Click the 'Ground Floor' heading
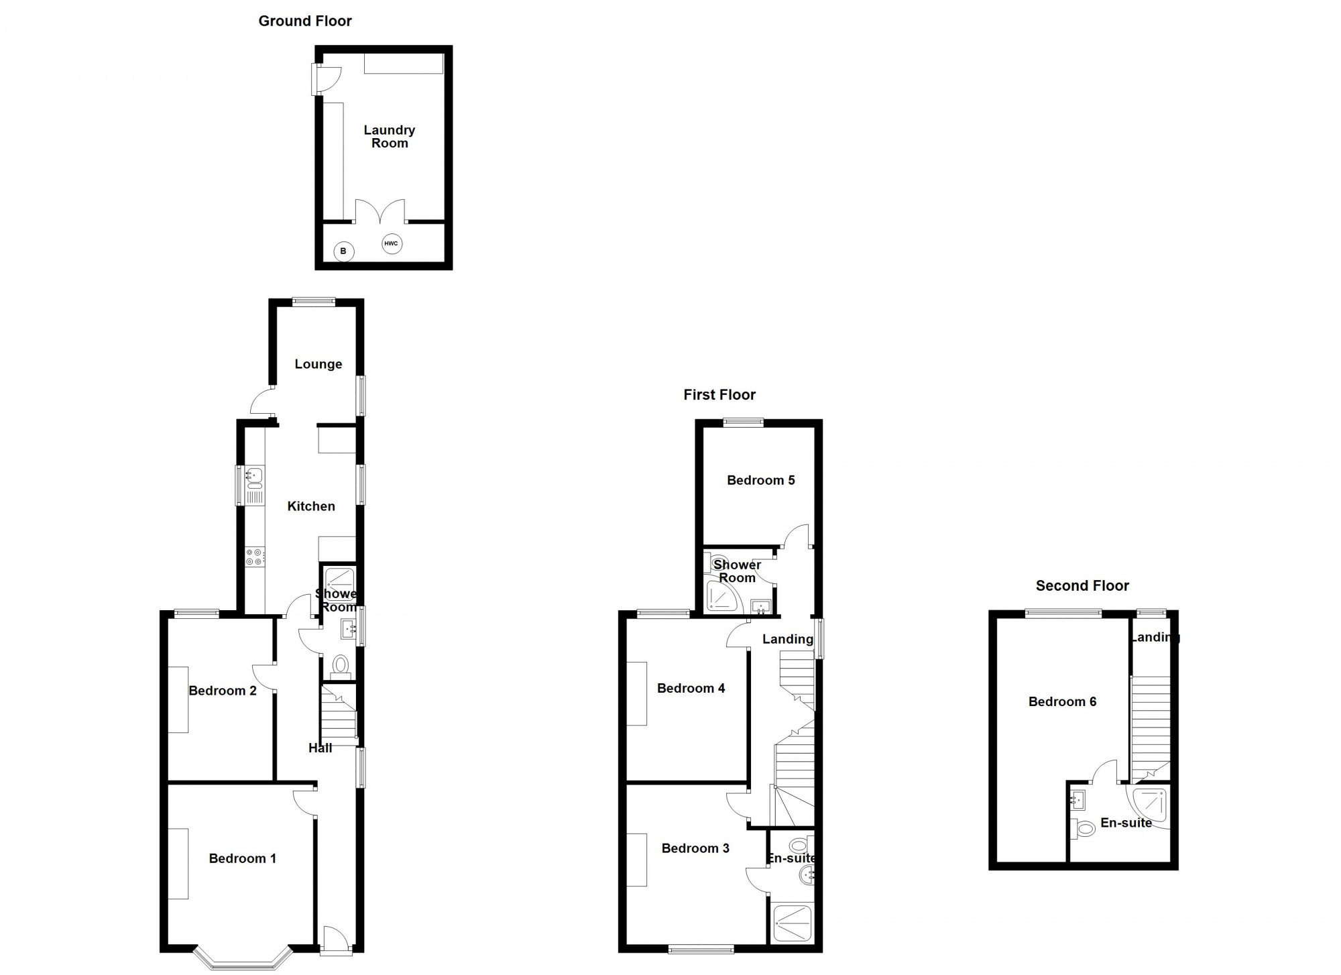click(x=305, y=21)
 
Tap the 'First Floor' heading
click(x=719, y=394)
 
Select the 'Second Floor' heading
click(x=1082, y=585)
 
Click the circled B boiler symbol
click(x=343, y=251)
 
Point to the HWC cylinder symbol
click(x=392, y=243)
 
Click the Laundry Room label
click(x=390, y=136)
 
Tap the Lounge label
click(x=318, y=364)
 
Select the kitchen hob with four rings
click(x=255, y=557)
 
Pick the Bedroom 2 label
click(x=223, y=691)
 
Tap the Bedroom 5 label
click(x=761, y=480)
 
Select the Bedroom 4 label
click(x=691, y=688)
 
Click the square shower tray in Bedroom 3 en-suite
click(x=793, y=923)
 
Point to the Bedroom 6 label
click(x=1063, y=701)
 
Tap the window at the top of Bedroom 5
click(x=743, y=422)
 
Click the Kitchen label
click(x=311, y=506)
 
